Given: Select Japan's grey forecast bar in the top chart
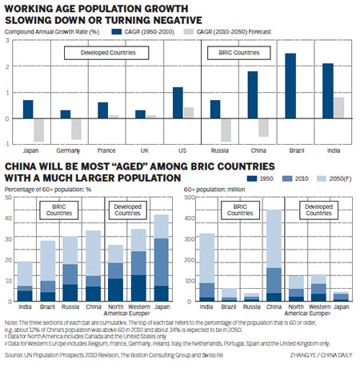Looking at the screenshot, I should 38,130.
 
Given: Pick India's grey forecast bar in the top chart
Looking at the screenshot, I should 339,108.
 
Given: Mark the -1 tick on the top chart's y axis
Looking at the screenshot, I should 6,144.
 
